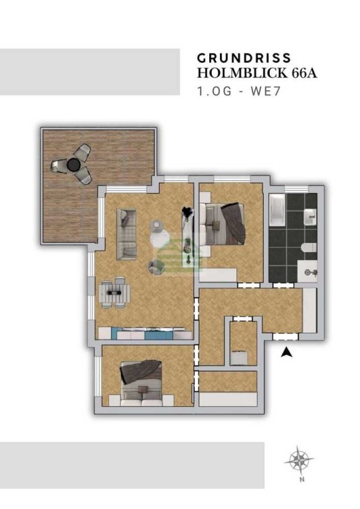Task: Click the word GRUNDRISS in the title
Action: [x=244, y=58]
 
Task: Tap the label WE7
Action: [x=265, y=91]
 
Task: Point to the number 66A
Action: [x=304, y=73]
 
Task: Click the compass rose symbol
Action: [x=299, y=460]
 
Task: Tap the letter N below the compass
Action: [x=302, y=479]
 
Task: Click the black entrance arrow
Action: [x=286, y=352]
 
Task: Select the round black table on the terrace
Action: [x=73, y=165]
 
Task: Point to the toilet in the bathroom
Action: [x=309, y=247]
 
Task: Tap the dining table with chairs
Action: [x=114, y=292]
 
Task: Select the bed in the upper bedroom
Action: [x=222, y=223]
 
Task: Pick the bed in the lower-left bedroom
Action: [x=141, y=383]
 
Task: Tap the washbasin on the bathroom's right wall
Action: [x=310, y=217]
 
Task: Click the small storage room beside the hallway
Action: [x=244, y=343]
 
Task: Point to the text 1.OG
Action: [x=215, y=91]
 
